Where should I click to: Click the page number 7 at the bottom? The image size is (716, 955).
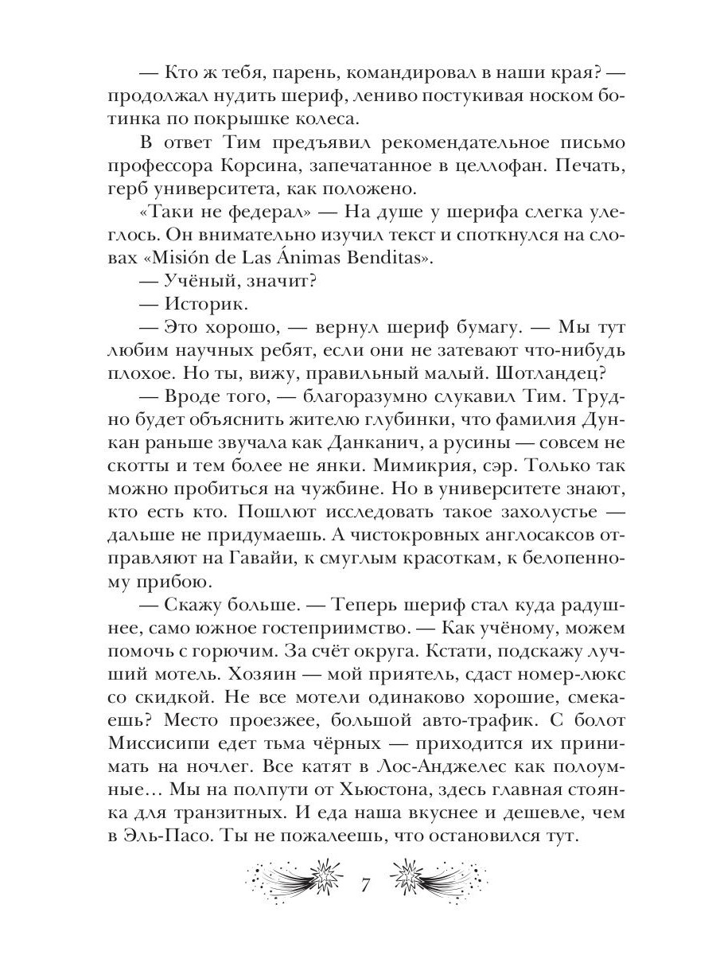(366, 886)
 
